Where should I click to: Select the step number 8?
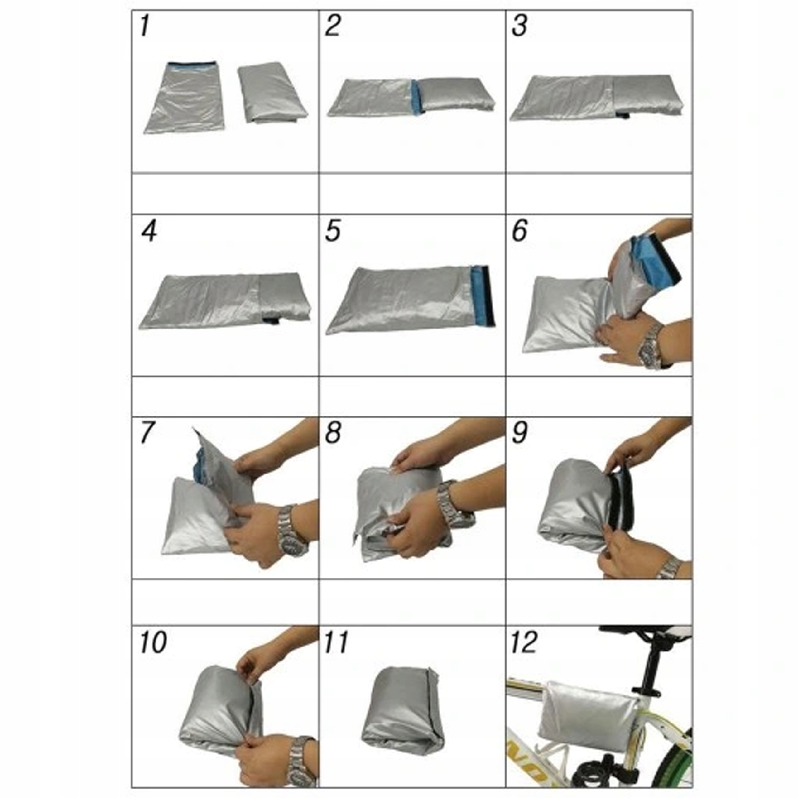coord(333,432)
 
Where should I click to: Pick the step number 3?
coord(519,26)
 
